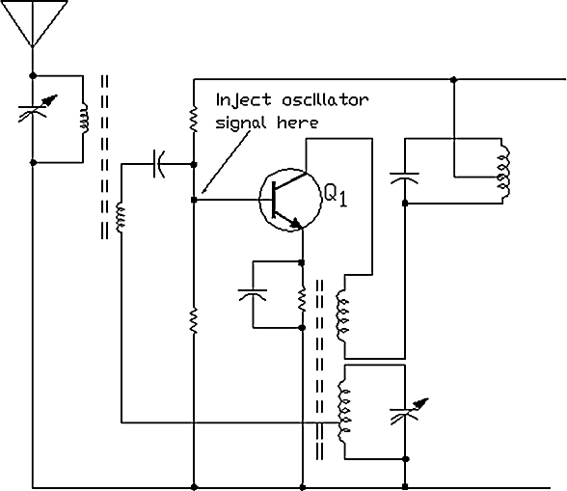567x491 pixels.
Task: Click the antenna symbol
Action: point(33,23)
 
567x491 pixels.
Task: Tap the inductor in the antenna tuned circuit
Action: point(84,119)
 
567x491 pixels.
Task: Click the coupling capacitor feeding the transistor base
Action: point(159,164)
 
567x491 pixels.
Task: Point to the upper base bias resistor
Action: point(194,119)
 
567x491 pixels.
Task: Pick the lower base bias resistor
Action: point(194,320)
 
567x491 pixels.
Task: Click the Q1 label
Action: point(336,196)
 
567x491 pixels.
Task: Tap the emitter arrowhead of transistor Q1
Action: point(297,223)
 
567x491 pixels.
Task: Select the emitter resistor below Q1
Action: point(303,299)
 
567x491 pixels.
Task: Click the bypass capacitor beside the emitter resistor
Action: point(253,294)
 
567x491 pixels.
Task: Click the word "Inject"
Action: point(243,100)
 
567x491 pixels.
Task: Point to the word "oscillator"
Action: point(325,99)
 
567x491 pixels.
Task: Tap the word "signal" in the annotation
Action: point(241,123)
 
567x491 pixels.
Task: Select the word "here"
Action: point(298,123)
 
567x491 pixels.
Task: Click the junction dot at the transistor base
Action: point(194,200)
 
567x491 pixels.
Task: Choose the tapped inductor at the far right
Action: point(503,172)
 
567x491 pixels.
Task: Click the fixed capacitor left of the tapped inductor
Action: point(405,177)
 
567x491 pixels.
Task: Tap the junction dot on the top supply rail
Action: point(454,79)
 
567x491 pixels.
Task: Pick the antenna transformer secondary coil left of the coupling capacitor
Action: point(121,218)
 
